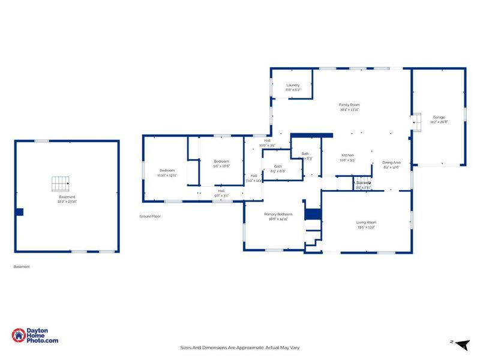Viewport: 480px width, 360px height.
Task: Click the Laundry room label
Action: [293, 88]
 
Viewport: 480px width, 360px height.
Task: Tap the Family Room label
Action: [349, 107]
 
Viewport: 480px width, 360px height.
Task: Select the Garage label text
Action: [439, 119]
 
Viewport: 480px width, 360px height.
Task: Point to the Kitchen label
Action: [348, 157]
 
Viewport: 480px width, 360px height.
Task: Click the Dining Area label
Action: [391, 165]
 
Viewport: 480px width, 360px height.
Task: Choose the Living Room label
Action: [366, 225]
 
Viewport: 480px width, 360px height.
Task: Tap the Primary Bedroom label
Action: [280, 217]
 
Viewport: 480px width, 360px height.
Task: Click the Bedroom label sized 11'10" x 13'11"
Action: [166, 172]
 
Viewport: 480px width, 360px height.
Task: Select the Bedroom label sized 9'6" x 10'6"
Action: [221, 163]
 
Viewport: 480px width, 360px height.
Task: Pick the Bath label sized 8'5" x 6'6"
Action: [278, 169]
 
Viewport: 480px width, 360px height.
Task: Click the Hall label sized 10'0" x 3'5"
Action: [267, 143]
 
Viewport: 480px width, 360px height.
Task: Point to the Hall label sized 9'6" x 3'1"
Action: [221, 194]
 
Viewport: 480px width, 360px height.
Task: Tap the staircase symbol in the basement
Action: [60, 182]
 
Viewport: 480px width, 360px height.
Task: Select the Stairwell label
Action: [364, 185]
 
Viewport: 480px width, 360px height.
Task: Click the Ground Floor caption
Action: [150, 216]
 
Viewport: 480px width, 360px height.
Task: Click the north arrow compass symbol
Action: [461, 343]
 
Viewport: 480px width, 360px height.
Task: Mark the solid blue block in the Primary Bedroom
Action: [313, 214]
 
